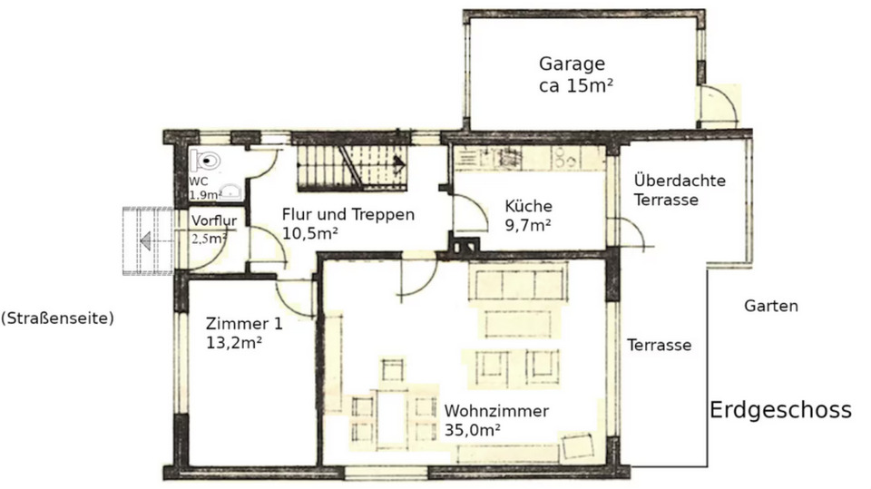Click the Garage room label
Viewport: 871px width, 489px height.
tap(572, 64)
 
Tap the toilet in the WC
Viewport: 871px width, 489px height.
tap(208, 161)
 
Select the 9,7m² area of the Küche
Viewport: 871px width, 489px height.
tap(528, 224)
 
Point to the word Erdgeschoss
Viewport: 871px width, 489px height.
tap(780, 410)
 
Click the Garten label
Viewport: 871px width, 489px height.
tap(771, 306)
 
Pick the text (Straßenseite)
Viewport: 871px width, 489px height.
tap(57, 318)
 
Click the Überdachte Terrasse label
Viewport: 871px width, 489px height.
tap(679, 190)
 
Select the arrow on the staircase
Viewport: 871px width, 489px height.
tap(396, 163)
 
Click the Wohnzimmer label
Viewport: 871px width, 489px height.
tap(495, 411)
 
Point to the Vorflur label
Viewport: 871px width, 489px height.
tap(212, 220)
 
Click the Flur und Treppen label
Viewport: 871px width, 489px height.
tap(347, 215)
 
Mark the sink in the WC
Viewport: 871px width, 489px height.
tap(232, 191)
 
